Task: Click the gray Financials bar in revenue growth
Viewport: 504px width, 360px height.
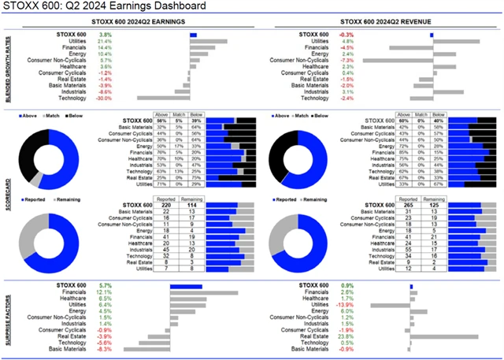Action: click(409, 48)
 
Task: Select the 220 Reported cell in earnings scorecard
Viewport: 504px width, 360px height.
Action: click(167, 205)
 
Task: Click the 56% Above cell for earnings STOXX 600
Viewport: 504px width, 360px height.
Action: click(161, 120)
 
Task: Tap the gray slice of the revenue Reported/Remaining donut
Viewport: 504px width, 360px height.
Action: click(278, 231)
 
